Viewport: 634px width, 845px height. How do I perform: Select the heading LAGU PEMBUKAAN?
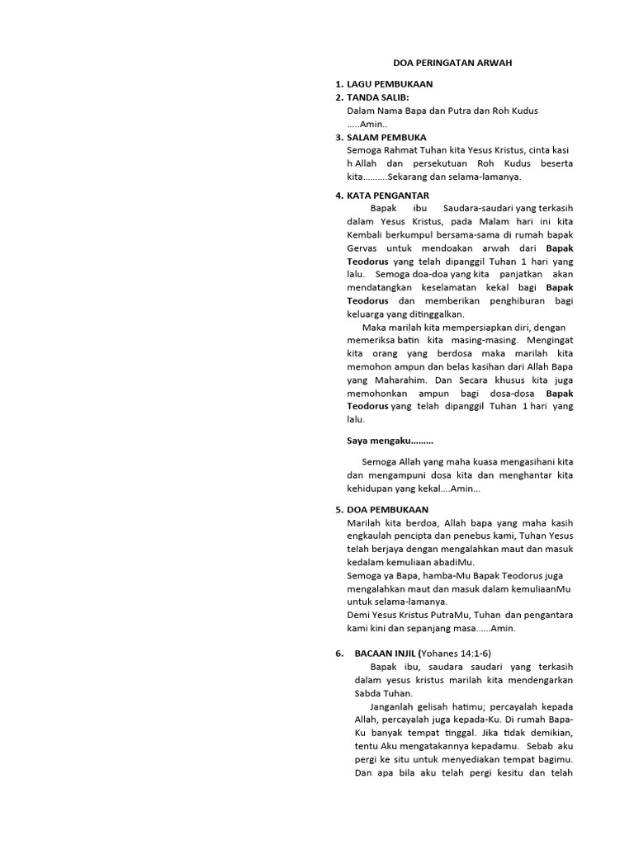coord(390,84)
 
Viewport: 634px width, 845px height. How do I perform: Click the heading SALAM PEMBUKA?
coord(387,137)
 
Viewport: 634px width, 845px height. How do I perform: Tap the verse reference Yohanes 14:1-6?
coord(457,654)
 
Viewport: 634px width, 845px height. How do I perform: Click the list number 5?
coord(338,510)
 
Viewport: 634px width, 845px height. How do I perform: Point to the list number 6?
coord(338,654)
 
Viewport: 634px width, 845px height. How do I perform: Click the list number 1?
coord(338,84)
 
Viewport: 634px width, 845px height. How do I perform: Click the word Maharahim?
coord(395,380)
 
